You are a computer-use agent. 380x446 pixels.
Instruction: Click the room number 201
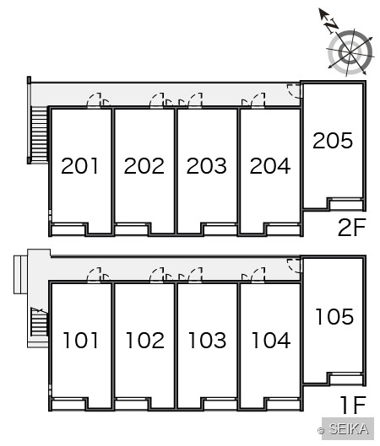pyautogui.click(x=79, y=166)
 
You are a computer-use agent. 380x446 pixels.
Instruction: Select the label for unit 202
pyautogui.click(x=144, y=166)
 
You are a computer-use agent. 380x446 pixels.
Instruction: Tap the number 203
pyautogui.click(x=207, y=166)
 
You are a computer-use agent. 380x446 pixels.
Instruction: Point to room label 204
pyautogui.click(x=270, y=166)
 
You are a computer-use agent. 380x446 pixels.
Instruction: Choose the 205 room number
pyautogui.click(x=333, y=141)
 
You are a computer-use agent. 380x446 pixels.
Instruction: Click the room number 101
pyautogui.click(x=80, y=340)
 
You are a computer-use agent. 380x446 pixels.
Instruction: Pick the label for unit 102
pyautogui.click(x=145, y=340)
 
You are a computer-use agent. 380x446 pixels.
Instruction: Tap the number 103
pyautogui.click(x=208, y=340)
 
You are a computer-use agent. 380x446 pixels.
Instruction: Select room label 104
pyautogui.click(x=271, y=340)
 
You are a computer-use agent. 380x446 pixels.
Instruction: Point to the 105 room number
pyautogui.click(x=334, y=316)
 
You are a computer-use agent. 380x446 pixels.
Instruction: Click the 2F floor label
pyautogui.click(x=351, y=228)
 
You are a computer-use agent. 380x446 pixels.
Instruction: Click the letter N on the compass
pyautogui.click(x=332, y=26)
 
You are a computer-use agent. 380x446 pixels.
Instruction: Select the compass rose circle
pyautogui.click(x=350, y=52)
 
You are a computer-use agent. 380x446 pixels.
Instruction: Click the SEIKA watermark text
pyautogui.click(x=348, y=429)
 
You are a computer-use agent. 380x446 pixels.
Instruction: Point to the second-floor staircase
pyautogui.click(x=39, y=135)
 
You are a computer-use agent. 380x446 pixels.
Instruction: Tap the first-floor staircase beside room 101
pyautogui.click(x=39, y=322)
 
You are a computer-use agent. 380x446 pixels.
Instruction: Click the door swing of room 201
pyautogui.click(x=94, y=99)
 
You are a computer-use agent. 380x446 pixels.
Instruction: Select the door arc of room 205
pyautogui.click(x=294, y=91)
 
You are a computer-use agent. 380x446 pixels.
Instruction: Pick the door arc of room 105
pyautogui.click(x=294, y=266)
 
